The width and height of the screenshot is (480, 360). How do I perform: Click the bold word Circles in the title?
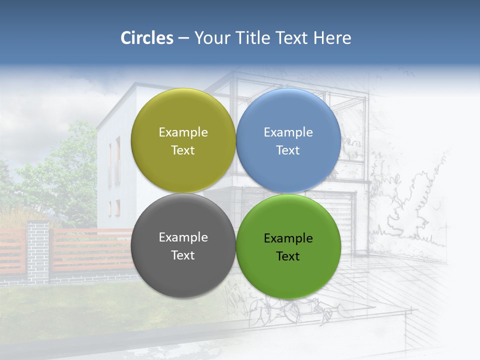click(x=147, y=38)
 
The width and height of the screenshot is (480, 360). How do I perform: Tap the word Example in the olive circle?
click(x=183, y=132)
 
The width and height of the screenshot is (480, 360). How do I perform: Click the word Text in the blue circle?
click(x=288, y=150)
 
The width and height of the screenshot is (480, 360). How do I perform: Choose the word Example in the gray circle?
click(x=183, y=237)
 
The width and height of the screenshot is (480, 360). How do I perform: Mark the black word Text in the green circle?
click(x=288, y=256)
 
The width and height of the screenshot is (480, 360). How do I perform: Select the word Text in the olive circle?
click(x=183, y=150)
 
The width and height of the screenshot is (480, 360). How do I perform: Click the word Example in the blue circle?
click(x=288, y=132)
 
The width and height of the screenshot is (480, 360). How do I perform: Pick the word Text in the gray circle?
click(x=183, y=255)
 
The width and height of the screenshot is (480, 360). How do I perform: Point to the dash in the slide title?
click(x=183, y=38)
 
